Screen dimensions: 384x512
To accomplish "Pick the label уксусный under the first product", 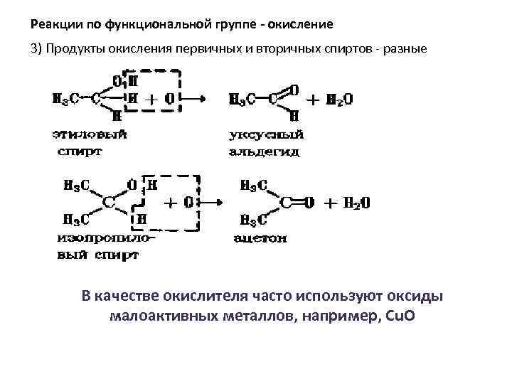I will (x=267, y=135).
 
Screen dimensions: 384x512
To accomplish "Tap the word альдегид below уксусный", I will (x=265, y=151).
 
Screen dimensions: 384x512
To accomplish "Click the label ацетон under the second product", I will (x=260, y=239).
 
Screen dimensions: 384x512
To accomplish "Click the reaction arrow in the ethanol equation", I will (x=195, y=100).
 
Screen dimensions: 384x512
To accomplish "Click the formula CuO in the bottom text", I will (x=397, y=316).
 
